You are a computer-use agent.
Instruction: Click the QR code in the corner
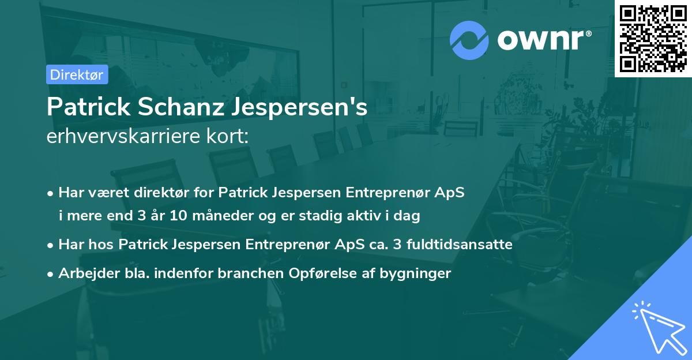653,38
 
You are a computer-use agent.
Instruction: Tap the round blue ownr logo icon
469,40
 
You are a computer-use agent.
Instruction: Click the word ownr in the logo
543,40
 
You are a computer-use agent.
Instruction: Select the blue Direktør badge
77,74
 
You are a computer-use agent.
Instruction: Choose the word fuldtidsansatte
459,244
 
